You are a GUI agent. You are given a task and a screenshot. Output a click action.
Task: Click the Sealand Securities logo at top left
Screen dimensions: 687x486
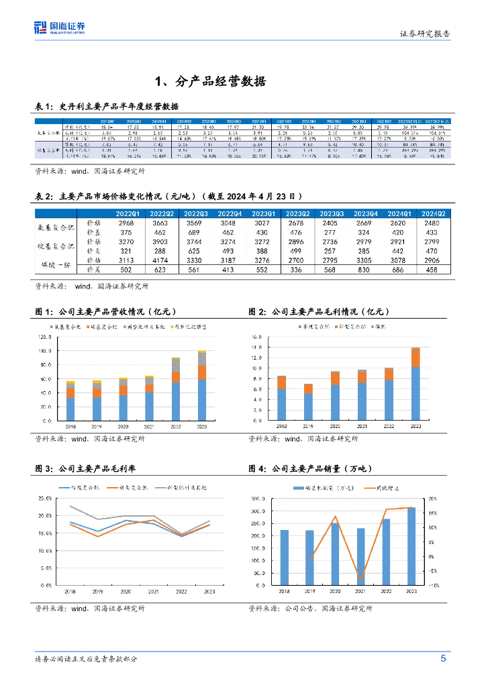click(x=60, y=27)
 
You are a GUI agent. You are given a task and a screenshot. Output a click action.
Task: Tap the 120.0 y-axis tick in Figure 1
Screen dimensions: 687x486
click(x=46, y=337)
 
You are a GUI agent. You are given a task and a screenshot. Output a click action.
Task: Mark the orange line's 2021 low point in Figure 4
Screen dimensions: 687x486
click(x=360, y=580)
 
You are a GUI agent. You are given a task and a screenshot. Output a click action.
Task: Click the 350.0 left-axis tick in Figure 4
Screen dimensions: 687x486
click(x=257, y=499)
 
